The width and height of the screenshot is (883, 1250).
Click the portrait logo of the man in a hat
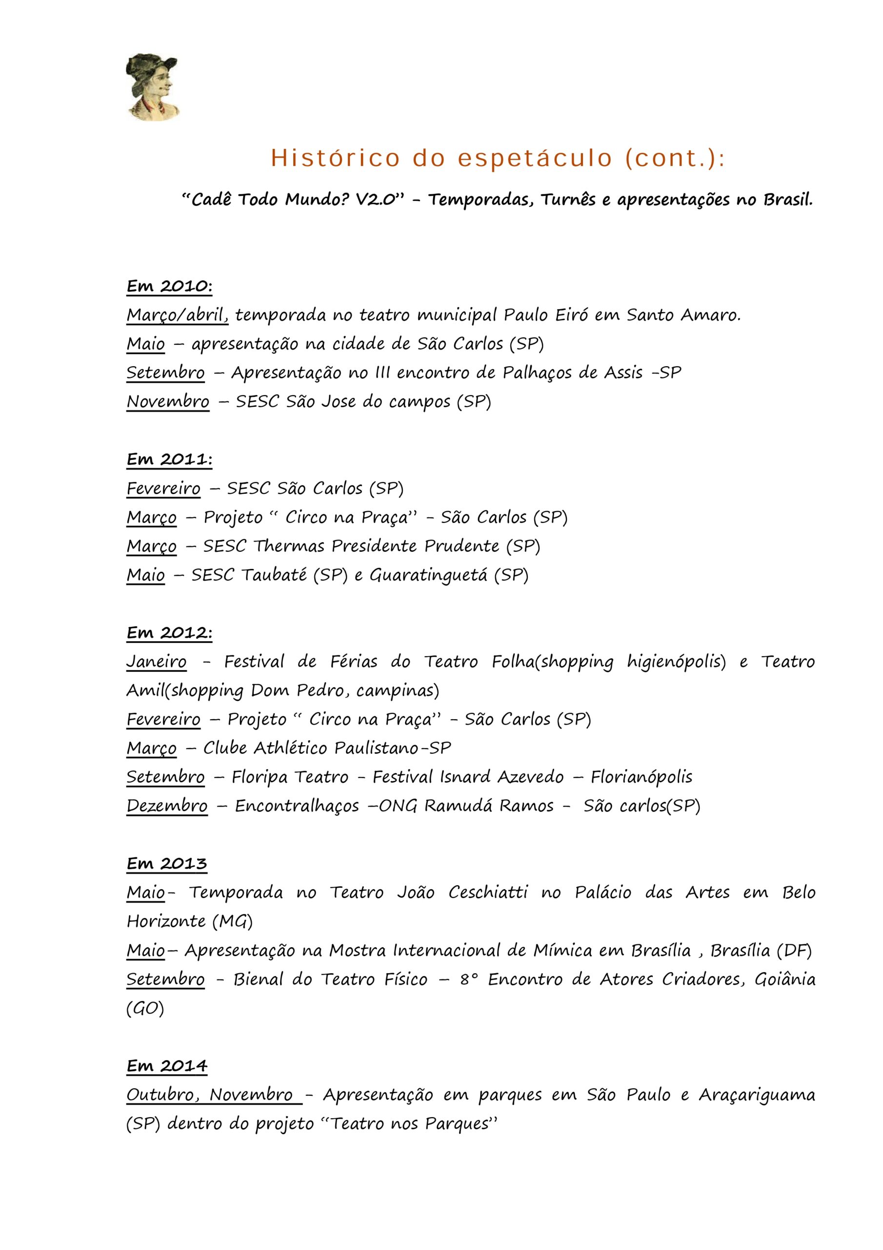(152, 87)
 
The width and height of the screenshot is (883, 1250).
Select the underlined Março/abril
(178, 315)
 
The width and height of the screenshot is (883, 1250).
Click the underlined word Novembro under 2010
(167, 402)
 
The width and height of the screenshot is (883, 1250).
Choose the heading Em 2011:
(169, 459)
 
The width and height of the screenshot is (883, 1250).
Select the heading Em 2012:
(169, 633)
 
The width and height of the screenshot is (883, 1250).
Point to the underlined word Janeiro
(157, 662)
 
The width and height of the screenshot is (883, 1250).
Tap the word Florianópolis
(642, 777)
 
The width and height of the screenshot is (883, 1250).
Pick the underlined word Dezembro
(167, 806)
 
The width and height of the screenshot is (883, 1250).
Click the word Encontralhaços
(297, 806)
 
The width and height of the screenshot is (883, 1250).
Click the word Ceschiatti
(488, 893)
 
